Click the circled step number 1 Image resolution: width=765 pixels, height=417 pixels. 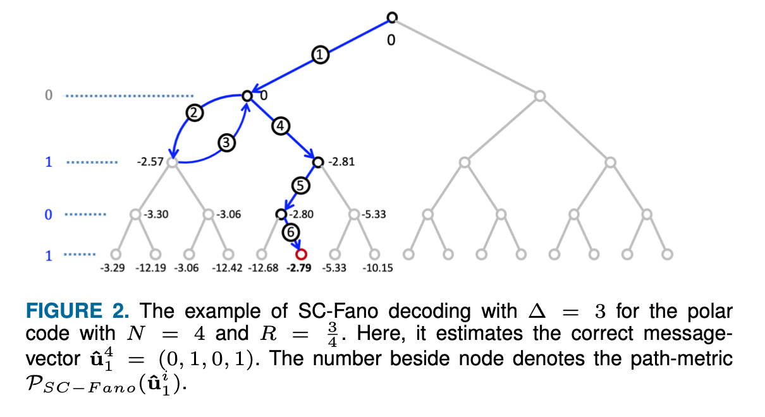coord(320,55)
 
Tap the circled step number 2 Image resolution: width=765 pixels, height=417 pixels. coord(195,113)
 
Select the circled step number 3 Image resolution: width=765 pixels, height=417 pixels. coord(226,143)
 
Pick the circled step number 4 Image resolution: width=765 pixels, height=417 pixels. coord(281,126)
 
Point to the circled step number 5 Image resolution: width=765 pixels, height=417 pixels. coord(300,186)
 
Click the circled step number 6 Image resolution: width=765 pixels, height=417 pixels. coord(291,233)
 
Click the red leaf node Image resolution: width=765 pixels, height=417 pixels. coord(301,254)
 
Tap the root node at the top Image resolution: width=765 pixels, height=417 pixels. coord(392,18)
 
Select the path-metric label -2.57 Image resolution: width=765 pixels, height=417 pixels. coord(150,161)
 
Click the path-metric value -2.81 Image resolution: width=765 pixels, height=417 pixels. coord(341,161)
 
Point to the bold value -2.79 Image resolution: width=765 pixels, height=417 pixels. coord(299,268)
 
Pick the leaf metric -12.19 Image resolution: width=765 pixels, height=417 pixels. coord(150,268)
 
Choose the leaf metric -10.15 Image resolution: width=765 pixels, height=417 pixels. coord(377,268)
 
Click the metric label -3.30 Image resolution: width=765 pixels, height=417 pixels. coord(156,214)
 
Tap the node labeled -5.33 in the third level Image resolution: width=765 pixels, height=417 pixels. coord(354,214)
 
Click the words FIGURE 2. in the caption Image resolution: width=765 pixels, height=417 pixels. coord(78,310)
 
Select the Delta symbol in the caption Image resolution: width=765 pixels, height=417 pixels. coord(537,310)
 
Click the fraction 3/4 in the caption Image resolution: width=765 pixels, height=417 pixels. coord(333,334)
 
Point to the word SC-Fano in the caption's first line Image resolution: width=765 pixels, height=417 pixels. coord(338,310)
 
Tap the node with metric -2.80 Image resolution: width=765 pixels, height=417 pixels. coord(281,214)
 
